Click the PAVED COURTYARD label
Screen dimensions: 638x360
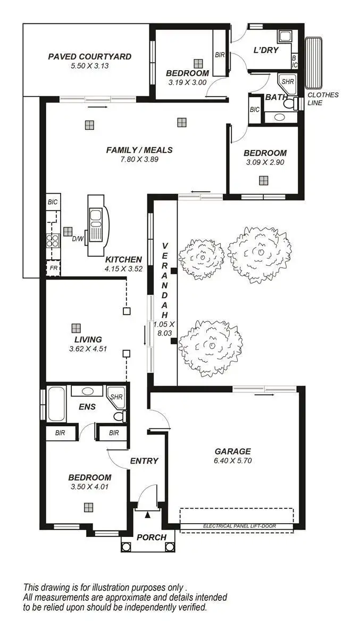tap(89, 57)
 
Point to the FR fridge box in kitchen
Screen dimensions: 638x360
tap(53, 268)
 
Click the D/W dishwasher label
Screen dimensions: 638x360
tap(78, 239)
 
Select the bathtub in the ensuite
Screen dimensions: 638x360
tap(56, 404)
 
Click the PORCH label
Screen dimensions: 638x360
tap(152, 538)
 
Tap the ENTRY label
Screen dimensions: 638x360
tap(144, 461)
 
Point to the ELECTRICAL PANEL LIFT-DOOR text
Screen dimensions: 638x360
tap(236, 526)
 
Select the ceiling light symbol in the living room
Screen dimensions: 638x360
tap(76, 328)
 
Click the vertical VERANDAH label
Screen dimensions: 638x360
tap(164, 279)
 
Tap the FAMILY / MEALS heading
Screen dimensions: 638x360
tap(139, 150)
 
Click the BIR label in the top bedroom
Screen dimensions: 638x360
tap(220, 55)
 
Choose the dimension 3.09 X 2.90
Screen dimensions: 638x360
tap(265, 162)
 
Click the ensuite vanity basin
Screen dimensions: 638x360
tap(88, 391)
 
